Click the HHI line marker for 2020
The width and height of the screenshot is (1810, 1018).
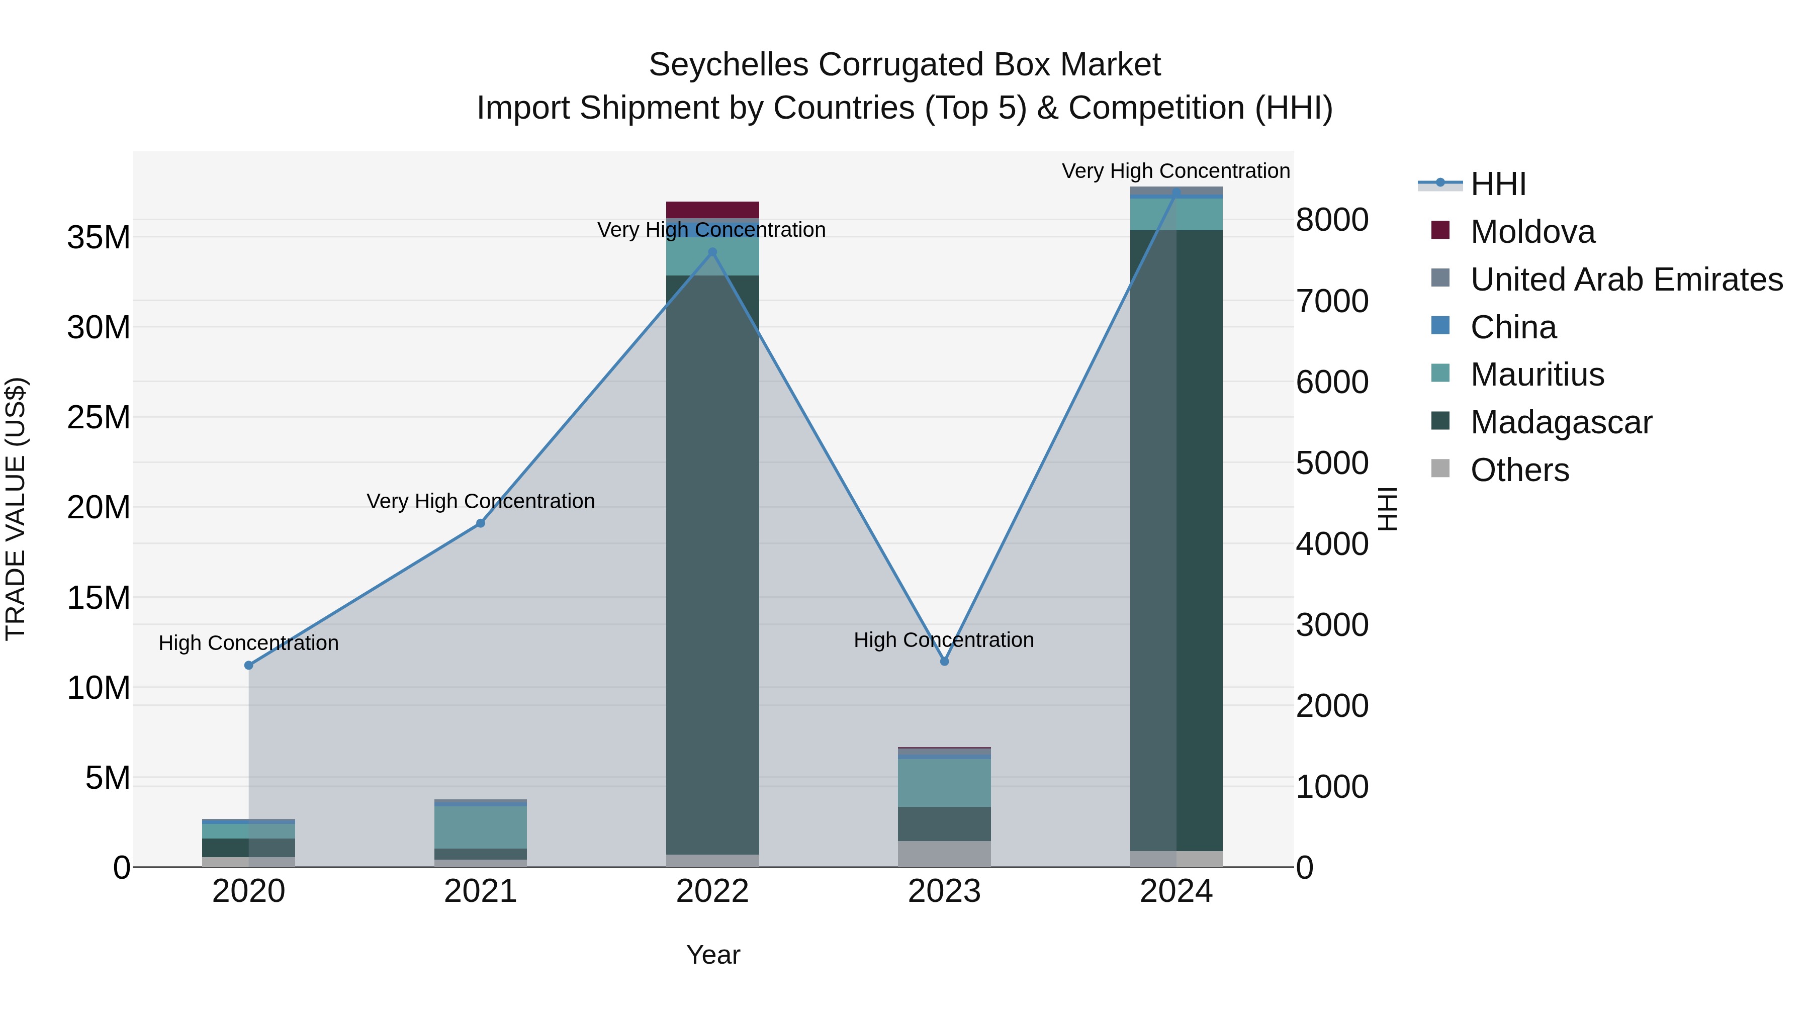[249, 665]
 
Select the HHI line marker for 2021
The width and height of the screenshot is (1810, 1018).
[481, 523]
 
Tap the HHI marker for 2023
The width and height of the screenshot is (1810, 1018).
[944, 662]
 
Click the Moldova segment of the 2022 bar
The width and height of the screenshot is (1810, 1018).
[712, 210]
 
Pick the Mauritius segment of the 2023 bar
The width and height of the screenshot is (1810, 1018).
[944, 783]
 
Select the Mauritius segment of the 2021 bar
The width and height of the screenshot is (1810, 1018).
[481, 827]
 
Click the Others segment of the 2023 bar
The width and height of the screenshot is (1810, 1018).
[944, 854]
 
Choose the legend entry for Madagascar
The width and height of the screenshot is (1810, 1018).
[1561, 422]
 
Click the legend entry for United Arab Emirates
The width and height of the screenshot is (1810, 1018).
[1626, 280]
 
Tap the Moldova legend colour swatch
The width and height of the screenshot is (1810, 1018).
[1440, 230]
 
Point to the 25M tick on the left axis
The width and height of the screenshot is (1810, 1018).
[99, 417]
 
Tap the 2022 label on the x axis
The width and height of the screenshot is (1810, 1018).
[712, 891]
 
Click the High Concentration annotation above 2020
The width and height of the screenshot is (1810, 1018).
[249, 643]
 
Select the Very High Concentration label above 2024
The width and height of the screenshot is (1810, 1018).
[1175, 171]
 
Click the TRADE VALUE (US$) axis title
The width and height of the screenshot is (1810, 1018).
[16, 509]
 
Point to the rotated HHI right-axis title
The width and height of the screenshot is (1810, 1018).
[1388, 509]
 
